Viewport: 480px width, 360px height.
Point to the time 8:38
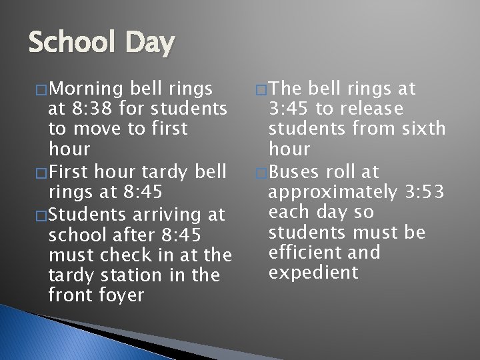click(x=92, y=109)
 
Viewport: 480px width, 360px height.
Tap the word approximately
click(x=331, y=193)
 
